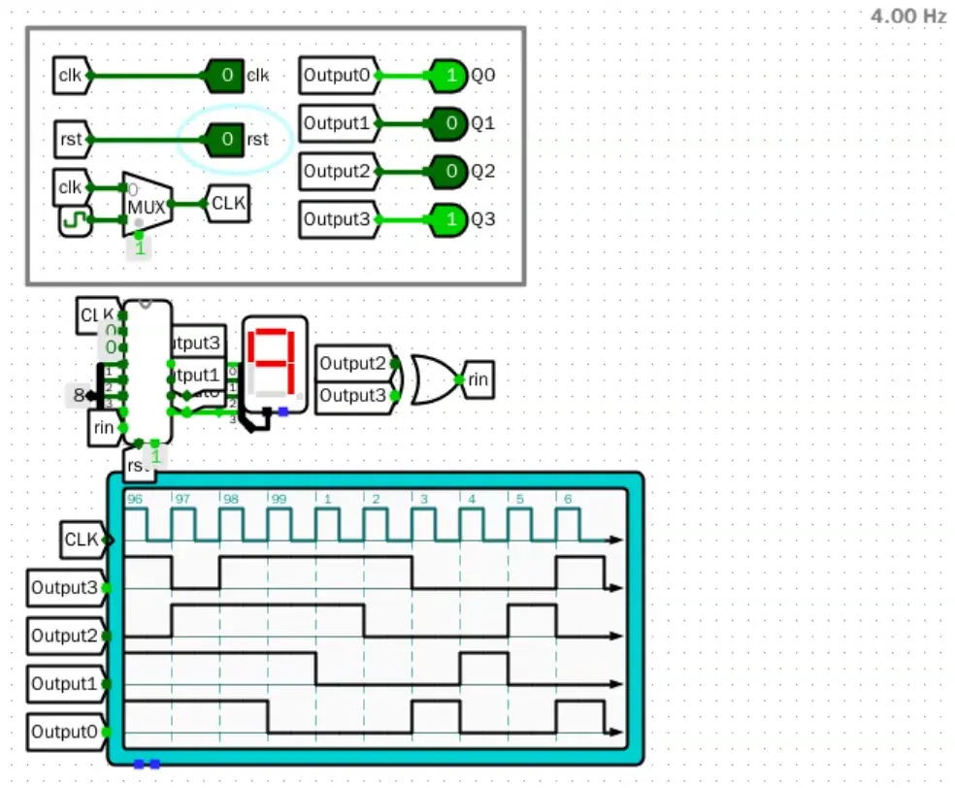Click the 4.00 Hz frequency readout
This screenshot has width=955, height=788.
[x=907, y=16]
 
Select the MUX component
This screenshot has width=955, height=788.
[x=147, y=205]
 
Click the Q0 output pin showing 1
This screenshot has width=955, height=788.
[x=447, y=75]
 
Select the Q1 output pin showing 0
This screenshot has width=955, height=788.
[x=447, y=123]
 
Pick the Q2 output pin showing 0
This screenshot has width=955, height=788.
[x=447, y=172]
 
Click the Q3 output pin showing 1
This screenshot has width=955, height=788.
[x=447, y=220]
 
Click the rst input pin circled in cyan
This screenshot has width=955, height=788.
[x=225, y=140]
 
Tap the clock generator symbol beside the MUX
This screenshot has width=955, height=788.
[x=73, y=219]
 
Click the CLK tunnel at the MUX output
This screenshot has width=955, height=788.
[x=227, y=204]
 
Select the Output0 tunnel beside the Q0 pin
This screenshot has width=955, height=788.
[x=336, y=75]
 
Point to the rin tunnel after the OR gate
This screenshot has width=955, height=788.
[x=477, y=379]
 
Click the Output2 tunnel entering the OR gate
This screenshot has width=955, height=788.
[x=353, y=364]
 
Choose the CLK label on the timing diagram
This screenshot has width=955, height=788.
[x=82, y=539]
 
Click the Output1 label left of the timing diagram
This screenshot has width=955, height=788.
[x=64, y=684]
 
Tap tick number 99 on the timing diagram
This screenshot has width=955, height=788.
[x=279, y=500]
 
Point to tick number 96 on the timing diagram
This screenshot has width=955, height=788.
[x=135, y=500]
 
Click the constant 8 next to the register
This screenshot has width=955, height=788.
[x=78, y=395]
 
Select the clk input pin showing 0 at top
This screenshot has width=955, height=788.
[x=225, y=75]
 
